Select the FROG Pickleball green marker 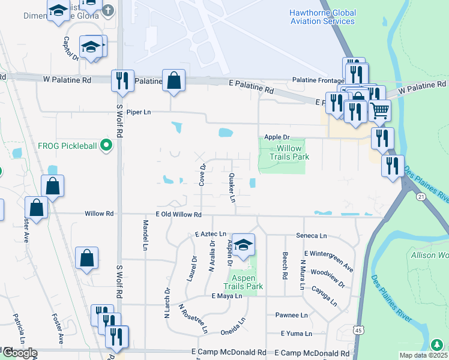pyautogui.click(x=106, y=145)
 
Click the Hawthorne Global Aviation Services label pyautogui.click(x=322, y=17)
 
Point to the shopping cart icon pyautogui.click(x=379, y=110)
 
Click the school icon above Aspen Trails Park pyautogui.click(x=243, y=244)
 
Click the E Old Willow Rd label pyautogui.click(x=178, y=214)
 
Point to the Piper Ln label pyautogui.click(x=138, y=112)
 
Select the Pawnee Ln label pyautogui.click(x=291, y=315)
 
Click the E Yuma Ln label pyautogui.click(x=297, y=334)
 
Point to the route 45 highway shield pyautogui.click(x=358, y=329)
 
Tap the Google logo pyautogui.click(x=19, y=353)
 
